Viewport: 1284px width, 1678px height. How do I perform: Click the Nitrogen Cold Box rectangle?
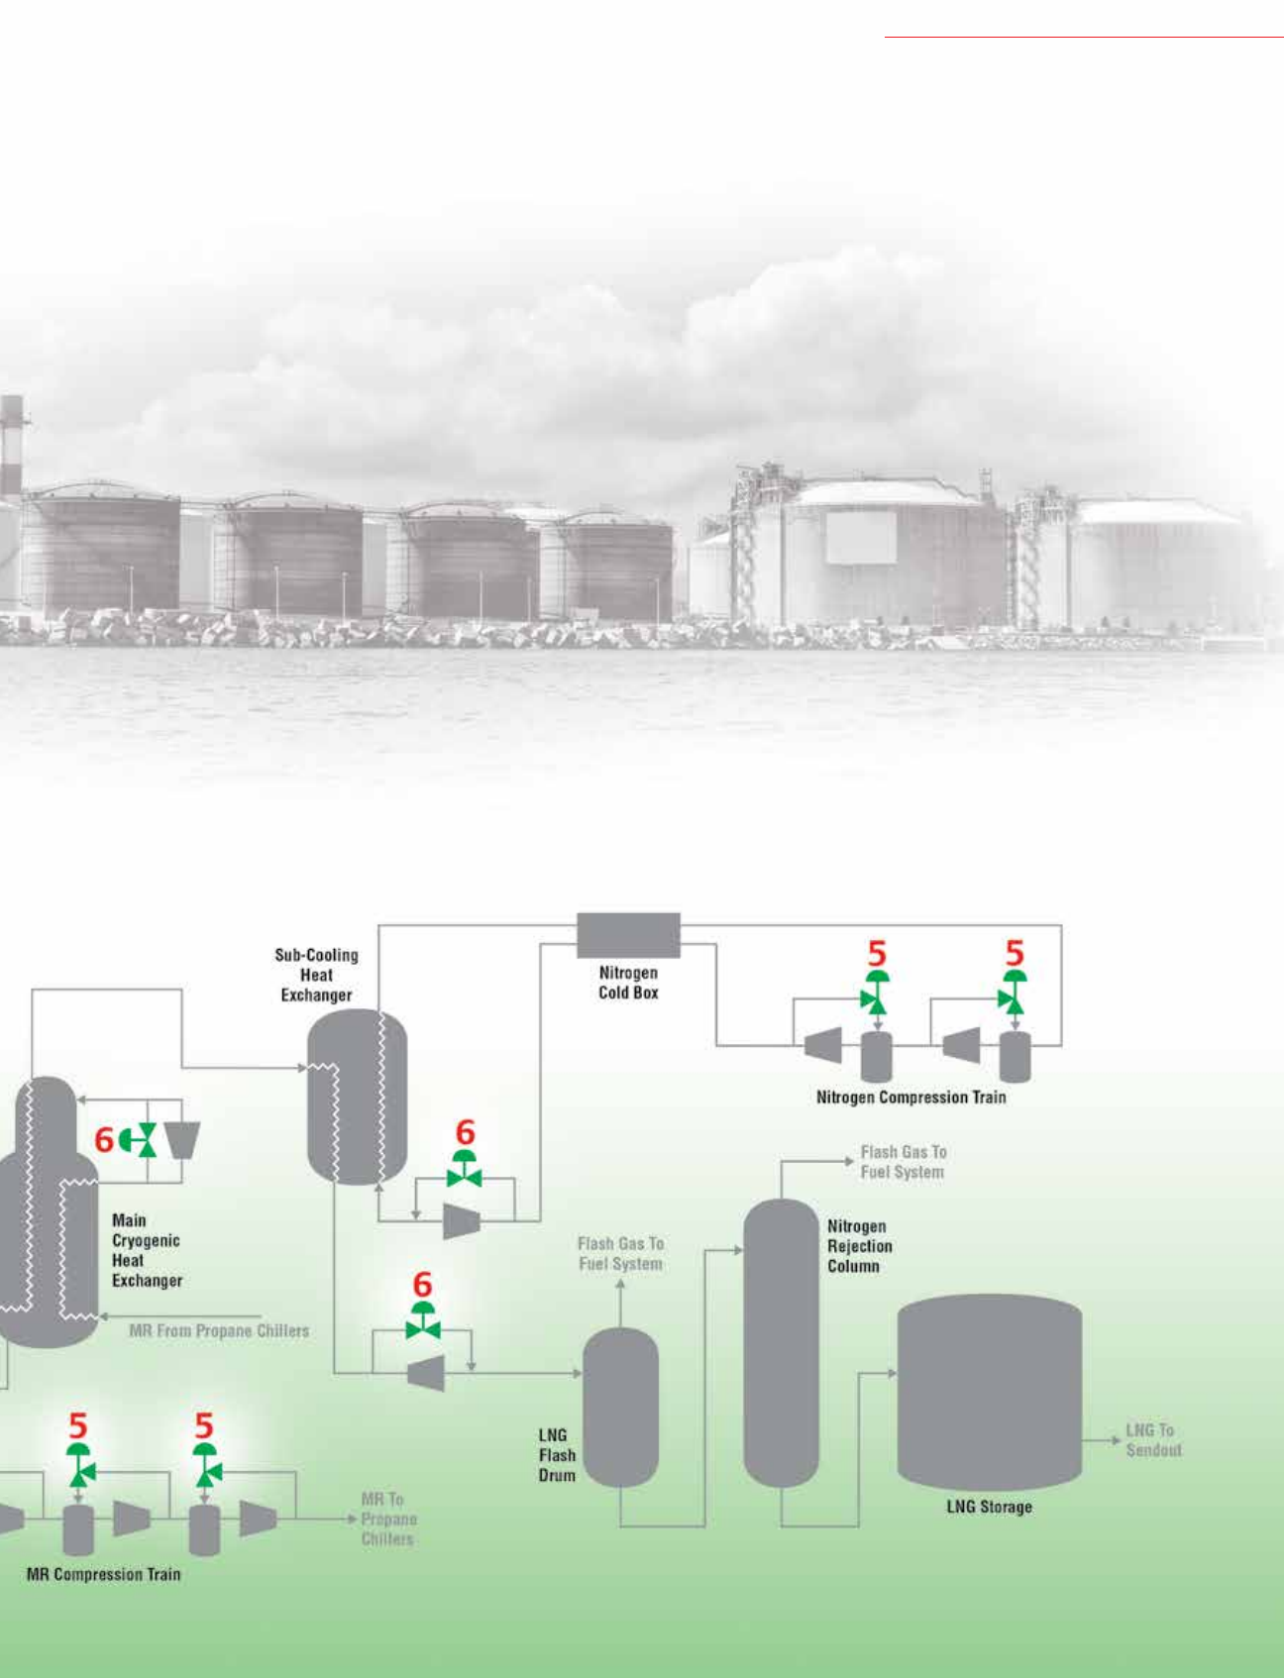tap(628, 935)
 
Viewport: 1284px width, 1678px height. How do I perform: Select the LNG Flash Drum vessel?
tap(620, 1407)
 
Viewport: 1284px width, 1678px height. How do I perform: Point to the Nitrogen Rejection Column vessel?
tap(782, 1342)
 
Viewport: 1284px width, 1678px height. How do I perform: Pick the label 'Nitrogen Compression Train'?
tap(910, 1098)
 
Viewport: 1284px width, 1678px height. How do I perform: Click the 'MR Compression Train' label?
tap(104, 1574)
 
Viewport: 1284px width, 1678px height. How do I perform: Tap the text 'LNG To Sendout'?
tap(1153, 1440)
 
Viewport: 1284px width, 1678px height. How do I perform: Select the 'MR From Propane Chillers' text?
tap(219, 1331)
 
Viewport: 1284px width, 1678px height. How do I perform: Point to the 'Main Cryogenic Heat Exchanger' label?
tap(147, 1250)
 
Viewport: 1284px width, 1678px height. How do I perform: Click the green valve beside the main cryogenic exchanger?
tap(145, 1140)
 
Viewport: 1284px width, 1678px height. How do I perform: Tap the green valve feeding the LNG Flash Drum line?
tap(423, 1325)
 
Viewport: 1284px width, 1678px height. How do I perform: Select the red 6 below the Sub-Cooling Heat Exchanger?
tap(465, 1132)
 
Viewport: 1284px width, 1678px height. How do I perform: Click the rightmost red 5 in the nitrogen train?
tap(1014, 953)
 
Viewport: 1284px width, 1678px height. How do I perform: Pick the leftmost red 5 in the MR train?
tap(78, 1426)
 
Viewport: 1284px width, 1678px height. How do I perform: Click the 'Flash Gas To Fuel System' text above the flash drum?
tap(620, 1253)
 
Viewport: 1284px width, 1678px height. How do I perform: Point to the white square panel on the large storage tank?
tap(861, 538)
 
